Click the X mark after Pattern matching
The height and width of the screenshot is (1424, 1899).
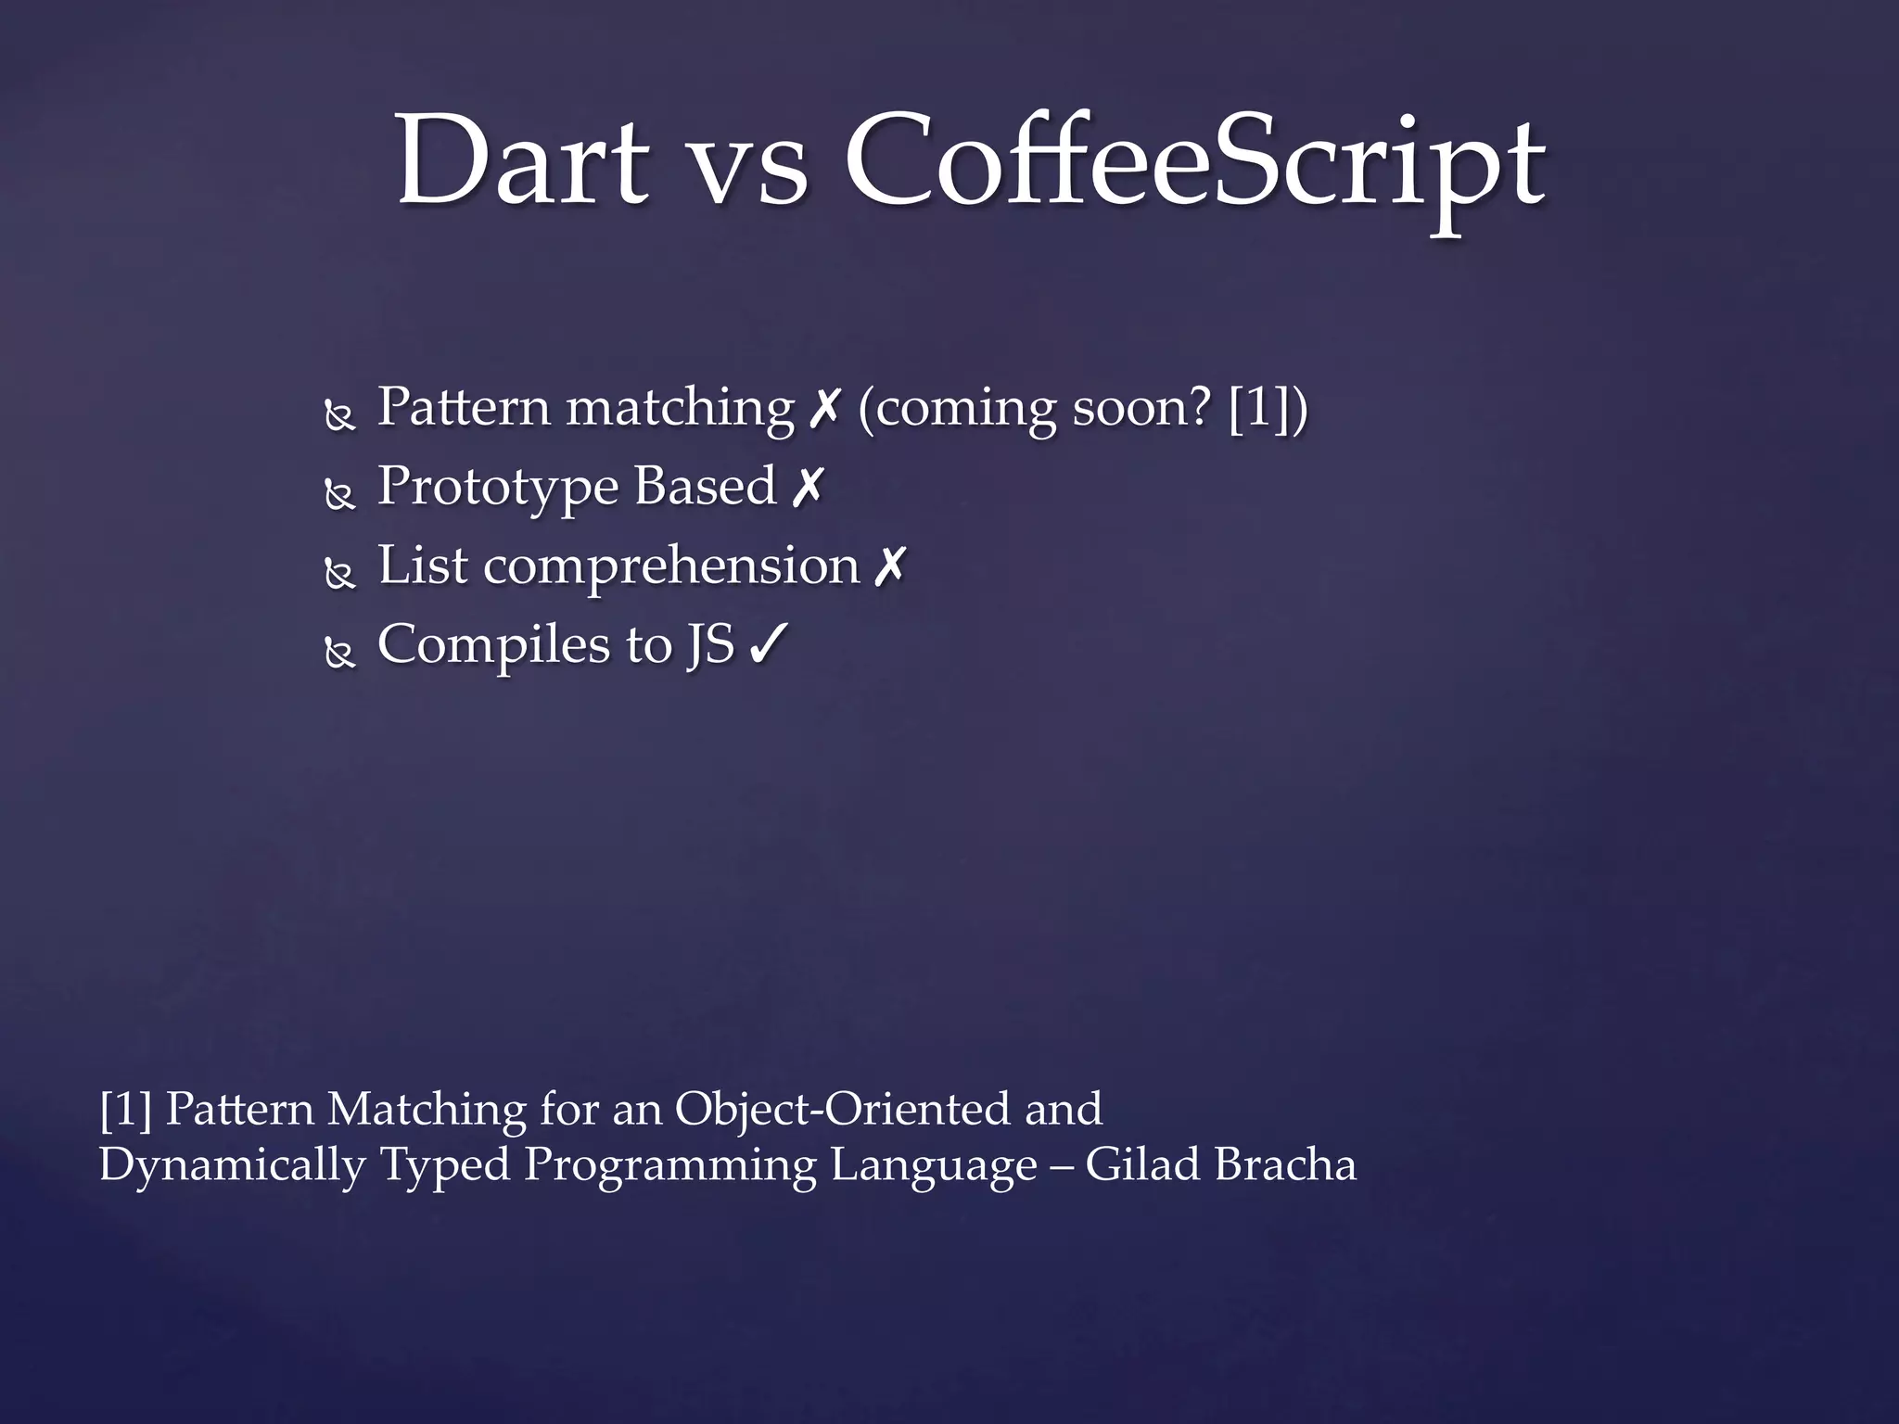[824, 408]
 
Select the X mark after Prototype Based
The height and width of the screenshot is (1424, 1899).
[808, 487]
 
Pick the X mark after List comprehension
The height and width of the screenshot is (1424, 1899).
[889, 566]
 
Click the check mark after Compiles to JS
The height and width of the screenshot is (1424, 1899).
[768, 644]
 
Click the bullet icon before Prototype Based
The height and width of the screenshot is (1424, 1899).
[340, 495]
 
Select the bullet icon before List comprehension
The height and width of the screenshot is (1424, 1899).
[340, 575]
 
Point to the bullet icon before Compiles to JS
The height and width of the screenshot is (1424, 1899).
[340, 655]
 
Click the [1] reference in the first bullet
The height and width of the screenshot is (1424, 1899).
[1257, 408]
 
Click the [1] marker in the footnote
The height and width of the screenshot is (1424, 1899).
[125, 1110]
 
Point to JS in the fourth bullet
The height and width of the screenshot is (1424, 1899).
[710, 645]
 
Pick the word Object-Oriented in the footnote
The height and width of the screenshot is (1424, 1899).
[842, 1110]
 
